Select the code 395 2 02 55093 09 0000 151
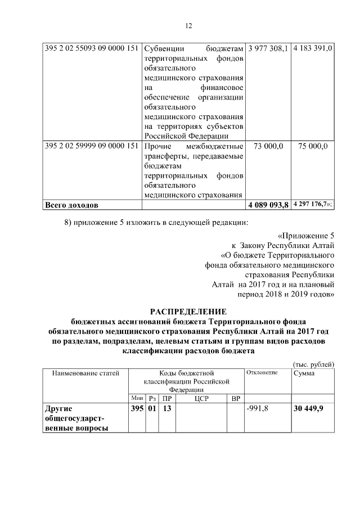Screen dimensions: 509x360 pos(91,49)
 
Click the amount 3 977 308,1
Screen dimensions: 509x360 pos(268,49)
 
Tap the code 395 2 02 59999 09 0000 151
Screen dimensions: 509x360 pos(91,146)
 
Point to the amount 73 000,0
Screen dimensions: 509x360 pos(268,146)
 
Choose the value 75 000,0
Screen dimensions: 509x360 pos(313,146)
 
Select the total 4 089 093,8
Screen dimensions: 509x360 pos(268,205)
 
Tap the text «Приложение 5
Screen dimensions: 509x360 pos(307,236)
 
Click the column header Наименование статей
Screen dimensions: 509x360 pos(86,373)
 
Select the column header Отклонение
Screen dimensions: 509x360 pos(262,373)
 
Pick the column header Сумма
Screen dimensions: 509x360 pos(304,373)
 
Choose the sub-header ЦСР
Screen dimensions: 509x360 pos(201,398)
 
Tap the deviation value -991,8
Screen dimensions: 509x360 pos(258,408)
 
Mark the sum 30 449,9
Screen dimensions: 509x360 pos(308,408)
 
